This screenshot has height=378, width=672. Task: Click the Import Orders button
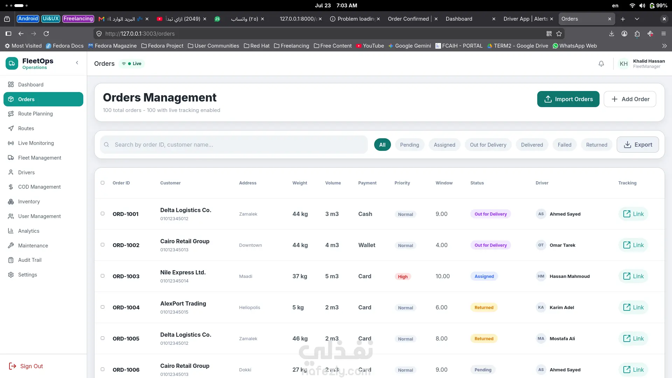568,99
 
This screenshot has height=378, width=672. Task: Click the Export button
638,145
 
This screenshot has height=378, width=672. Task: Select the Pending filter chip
409,145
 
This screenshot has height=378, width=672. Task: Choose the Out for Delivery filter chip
488,145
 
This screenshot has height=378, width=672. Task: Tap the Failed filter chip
565,145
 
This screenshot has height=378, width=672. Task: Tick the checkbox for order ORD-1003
103,276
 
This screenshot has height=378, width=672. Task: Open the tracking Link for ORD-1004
633,307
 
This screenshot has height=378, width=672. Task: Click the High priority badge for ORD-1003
402,276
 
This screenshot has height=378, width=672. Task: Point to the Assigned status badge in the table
484,276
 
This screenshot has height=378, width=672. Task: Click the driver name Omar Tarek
562,245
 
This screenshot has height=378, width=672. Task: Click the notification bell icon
601,64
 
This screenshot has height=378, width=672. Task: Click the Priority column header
402,183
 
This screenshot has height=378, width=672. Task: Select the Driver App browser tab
526,19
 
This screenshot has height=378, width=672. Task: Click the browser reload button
46,34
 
